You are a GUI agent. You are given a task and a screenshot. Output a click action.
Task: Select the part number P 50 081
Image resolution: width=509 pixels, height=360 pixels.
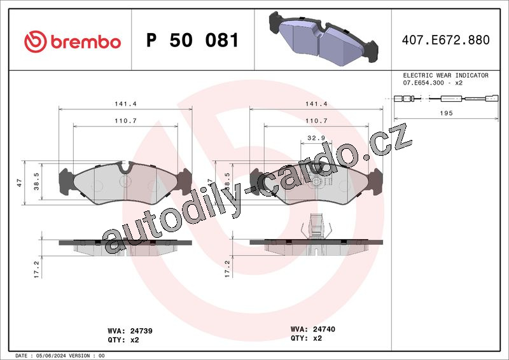click(193, 40)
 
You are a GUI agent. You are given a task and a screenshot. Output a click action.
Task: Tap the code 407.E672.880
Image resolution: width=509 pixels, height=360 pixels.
click(446, 40)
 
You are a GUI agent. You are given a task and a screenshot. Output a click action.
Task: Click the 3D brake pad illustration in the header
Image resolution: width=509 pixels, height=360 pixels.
click(323, 38)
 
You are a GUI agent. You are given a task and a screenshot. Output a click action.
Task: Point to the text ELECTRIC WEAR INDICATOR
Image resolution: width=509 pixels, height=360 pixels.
click(446, 75)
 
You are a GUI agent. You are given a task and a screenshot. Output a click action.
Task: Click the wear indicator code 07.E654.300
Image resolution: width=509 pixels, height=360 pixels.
click(423, 83)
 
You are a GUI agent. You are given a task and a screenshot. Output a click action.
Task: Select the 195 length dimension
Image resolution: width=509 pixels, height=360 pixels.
click(446, 113)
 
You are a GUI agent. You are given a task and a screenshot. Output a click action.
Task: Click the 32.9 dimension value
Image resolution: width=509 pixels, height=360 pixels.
click(316, 138)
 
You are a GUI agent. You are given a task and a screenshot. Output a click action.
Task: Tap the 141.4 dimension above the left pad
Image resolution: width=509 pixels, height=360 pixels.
click(125, 104)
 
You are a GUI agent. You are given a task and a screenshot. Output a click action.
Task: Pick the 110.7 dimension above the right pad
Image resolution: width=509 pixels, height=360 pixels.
click(316, 121)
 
